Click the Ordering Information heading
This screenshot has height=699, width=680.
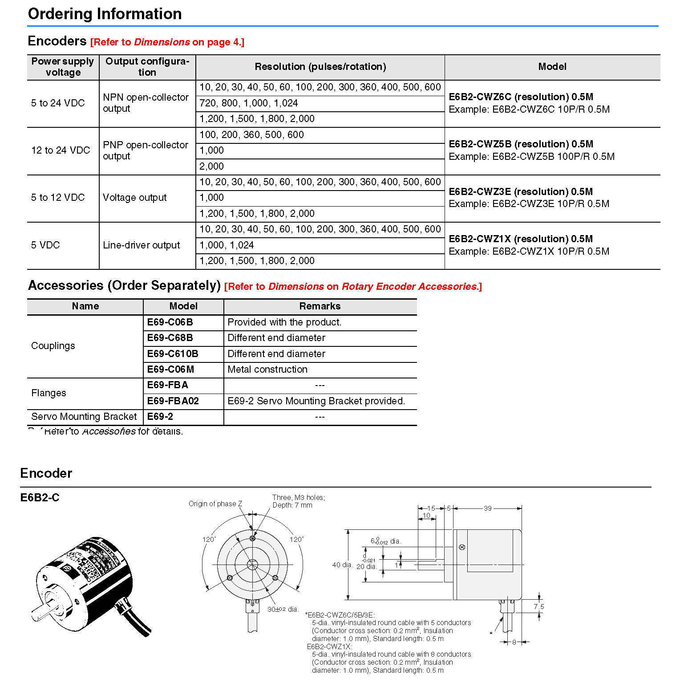105,14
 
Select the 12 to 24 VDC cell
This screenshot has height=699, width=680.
61,150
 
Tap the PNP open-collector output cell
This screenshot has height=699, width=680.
146,150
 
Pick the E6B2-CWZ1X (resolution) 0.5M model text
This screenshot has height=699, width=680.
521,239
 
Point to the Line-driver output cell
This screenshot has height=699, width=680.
141,245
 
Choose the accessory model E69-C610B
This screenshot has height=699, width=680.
173,354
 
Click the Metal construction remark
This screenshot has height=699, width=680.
267,370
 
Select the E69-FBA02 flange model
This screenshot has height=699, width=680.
173,401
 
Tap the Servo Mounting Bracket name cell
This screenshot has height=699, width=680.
84,417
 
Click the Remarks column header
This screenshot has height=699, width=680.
320,306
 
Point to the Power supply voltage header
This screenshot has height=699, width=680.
63,67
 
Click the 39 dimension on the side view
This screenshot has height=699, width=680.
488,508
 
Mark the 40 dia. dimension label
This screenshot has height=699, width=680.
342,565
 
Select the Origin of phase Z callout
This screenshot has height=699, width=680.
215,504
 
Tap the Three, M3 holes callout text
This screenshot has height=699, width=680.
298,498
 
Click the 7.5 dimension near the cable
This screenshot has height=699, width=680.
539,607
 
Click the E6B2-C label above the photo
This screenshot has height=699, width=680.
40,498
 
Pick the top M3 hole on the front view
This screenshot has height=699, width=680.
252,539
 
